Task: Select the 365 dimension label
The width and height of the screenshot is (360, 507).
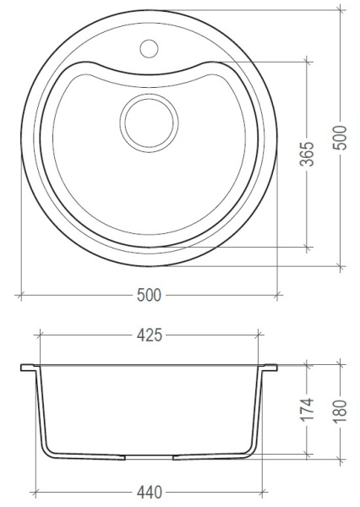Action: click(307, 154)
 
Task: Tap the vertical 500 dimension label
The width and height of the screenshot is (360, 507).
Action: click(340, 138)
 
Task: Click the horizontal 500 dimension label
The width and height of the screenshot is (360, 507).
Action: click(149, 295)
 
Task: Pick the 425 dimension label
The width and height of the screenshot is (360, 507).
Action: click(149, 335)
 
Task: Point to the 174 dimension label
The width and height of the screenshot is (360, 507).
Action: click(307, 410)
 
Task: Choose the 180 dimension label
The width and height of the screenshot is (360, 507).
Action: click(340, 412)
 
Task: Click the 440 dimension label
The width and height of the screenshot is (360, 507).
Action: click(149, 493)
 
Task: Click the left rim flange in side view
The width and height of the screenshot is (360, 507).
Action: click(29, 368)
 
